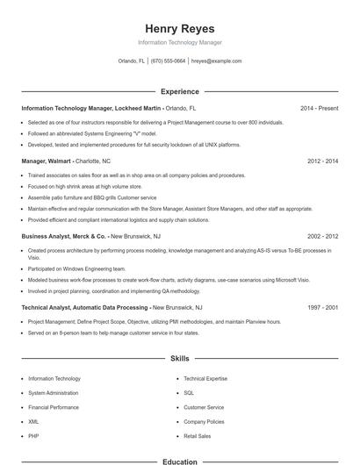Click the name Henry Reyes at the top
(x=179, y=29)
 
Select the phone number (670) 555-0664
(x=168, y=61)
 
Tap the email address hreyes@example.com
(x=216, y=61)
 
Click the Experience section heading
(x=179, y=91)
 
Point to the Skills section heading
(x=179, y=359)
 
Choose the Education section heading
(x=179, y=461)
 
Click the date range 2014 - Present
(x=319, y=108)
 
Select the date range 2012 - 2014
(x=322, y=161)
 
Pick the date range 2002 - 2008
(x=322, y=236)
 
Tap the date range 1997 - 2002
(x=322, y=308)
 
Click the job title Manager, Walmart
(x=47, y=161)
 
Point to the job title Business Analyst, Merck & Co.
(x=63, y=236)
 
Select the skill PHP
(x=33, y=435)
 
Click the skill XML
(x=34, y=421)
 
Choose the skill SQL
(x=189, y=393)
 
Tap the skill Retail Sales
(x=197, y=435)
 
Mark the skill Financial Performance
(x=54, y=407)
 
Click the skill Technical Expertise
(x=205, y=379)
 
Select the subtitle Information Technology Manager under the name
(x=179, y=42)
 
